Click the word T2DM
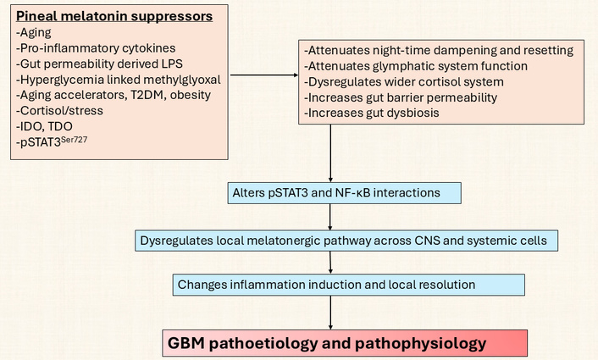point(141,96)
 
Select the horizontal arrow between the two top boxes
point(262,75)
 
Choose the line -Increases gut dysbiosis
point(379,113)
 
